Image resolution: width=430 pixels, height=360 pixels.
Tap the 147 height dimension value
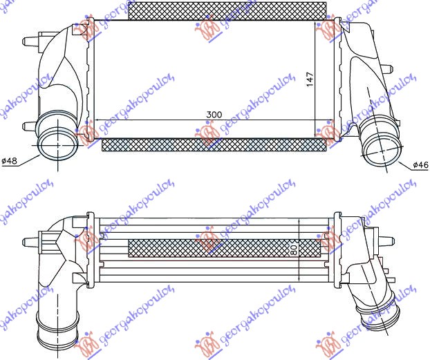click(x=310, y=79)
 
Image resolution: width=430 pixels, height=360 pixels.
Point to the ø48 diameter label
click(x=10, y=161)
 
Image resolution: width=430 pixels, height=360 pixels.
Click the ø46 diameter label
click(x=421, y=164)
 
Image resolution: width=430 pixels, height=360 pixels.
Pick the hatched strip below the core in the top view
click(x=213, y=145)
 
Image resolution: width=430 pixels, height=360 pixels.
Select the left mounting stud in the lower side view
click(x=28, y=241)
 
